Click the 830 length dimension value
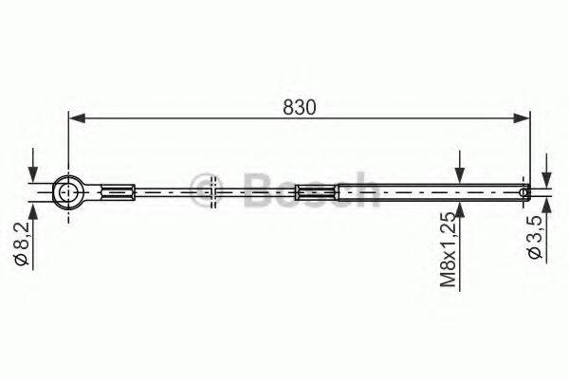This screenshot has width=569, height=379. (300, 107)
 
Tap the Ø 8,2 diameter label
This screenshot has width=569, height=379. (22, 244)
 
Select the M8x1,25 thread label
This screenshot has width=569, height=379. (448, 250)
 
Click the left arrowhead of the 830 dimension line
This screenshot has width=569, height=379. (77, 118)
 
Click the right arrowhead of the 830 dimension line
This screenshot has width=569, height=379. (522, 118)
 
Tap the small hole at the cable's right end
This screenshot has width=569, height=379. (523, 191)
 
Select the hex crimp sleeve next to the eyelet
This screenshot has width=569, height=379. (119, 192)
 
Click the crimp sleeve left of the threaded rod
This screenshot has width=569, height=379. (315, 192)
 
